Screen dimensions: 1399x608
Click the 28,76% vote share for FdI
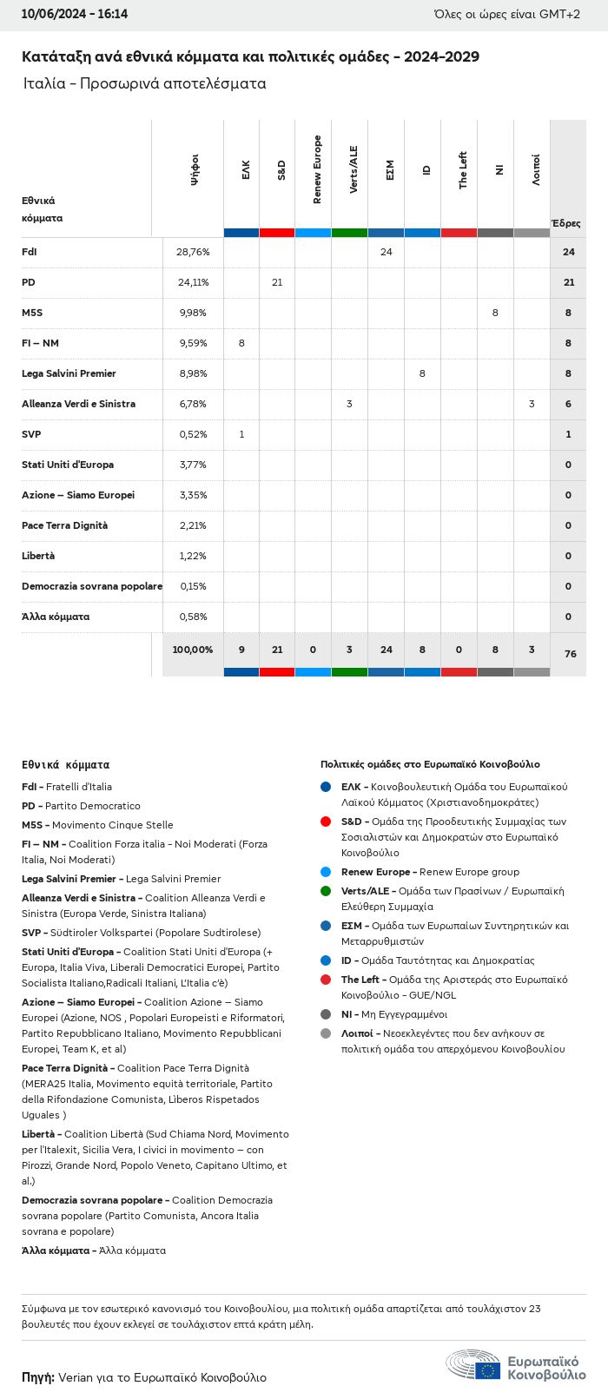[x=193, y=252]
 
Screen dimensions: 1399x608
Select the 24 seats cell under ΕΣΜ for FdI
[x=386, y=252]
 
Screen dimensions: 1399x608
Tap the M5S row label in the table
[x=32, y=313]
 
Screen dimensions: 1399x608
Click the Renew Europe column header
[x=317, y=170]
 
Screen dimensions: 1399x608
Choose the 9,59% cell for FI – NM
[x=193, y=343]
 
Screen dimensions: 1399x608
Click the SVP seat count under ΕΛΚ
[x=241, y=434]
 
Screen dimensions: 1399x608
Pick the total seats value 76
[x=570, y=654]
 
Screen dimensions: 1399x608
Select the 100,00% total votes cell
[x=192, y=650]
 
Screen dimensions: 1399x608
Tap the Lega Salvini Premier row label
[x=69, y=373]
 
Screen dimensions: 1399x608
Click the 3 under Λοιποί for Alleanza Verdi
[x=532, y=404]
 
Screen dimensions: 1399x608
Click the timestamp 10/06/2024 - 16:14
[x=75, y=14]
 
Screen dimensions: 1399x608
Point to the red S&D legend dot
[x=326, y=822]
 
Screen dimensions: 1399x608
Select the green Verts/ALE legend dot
[x=326, y=891]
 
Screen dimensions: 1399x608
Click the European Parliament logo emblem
[x=473, y=1364]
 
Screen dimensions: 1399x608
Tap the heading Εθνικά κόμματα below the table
[x=66, y=765]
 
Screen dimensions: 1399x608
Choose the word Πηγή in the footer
[x=37, y=1377]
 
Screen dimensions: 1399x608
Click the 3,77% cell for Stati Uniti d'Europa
[x=193, y=465]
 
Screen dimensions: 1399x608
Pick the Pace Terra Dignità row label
[x=65, y=525]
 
